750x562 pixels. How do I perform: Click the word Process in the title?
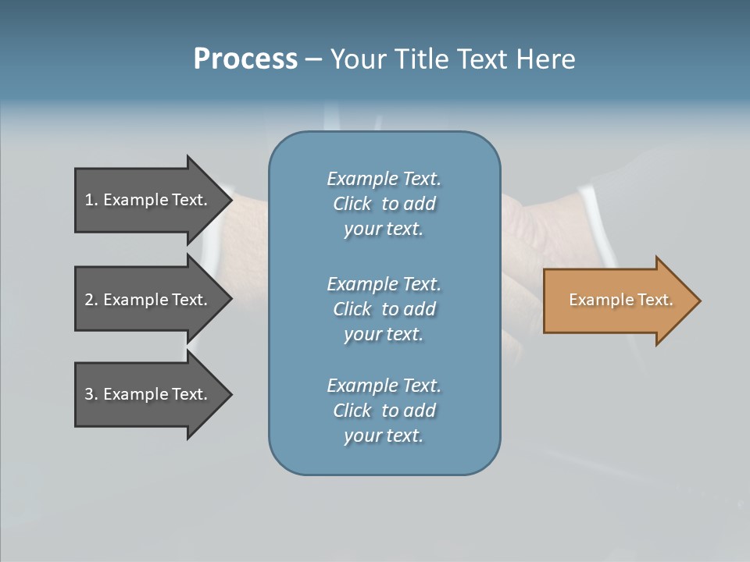[x=245, y=59]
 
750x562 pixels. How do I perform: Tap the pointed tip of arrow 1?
[x=230, y=200]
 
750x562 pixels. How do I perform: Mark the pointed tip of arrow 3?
[x=230, y=394]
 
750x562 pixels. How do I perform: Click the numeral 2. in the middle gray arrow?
[x=91, y=300]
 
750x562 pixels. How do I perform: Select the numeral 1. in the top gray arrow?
[x=91, y=200]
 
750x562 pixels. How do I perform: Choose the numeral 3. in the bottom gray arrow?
[x=91, y=394]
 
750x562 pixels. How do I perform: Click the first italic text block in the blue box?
[x=384, y=204]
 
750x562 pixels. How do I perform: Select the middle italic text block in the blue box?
[x=384, y=308]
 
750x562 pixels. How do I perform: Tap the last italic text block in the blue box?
[x=384, y=411]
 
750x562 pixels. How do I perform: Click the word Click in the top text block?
[x=352, y=204]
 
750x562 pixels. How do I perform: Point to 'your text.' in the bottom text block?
[x=384, y=436]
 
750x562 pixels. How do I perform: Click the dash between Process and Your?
[x=314, y=60]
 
